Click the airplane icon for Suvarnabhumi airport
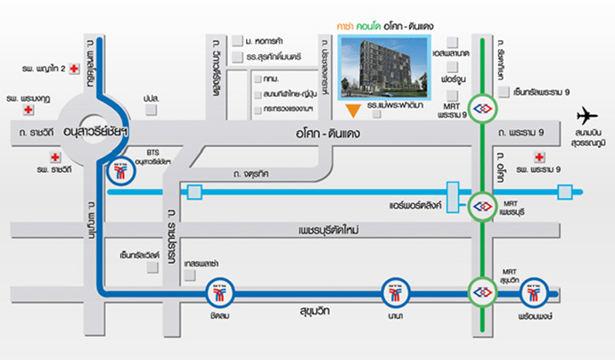click(587, 115)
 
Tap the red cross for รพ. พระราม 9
click(537, 156)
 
